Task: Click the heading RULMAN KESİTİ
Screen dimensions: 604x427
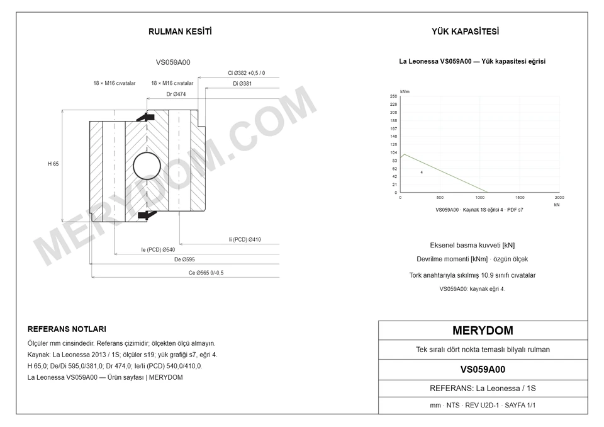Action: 180,31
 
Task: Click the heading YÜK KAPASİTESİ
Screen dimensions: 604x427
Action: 465,31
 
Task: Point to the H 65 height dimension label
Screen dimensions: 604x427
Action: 53,164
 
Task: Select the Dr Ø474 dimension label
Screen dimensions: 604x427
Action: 176,94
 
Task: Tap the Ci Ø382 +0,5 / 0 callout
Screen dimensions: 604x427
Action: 246,73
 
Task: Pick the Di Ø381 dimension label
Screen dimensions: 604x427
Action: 242,83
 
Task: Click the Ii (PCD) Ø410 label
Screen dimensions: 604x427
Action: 245,239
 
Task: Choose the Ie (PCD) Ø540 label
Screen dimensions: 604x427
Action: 158,250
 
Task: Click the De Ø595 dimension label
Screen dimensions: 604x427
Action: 184,259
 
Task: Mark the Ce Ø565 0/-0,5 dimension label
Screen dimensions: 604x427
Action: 206,273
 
